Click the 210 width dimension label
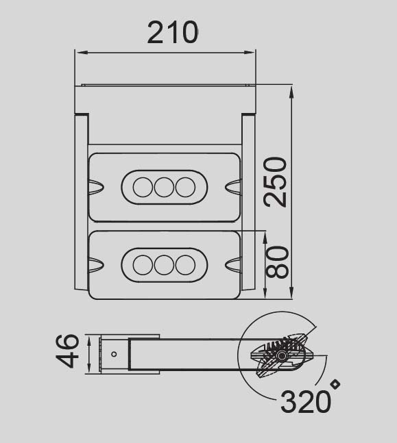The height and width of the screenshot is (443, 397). click(x=173, y=32)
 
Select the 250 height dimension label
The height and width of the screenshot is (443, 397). click(x=276, y=182)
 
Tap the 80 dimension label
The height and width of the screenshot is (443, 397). click(x=277, y=262)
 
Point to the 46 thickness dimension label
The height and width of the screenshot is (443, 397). click(x=68, y=352)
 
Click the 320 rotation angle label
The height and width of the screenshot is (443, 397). click(x=305, y=402)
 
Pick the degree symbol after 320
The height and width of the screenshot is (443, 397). click(x=335, y=385)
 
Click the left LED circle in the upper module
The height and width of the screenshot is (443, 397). click(x=143, y=187)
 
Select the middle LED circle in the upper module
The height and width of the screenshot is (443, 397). click(x=164, y=187)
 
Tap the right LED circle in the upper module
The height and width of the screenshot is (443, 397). click(x=185, y=187)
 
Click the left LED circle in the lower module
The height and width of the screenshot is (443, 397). click(x=143, y=264)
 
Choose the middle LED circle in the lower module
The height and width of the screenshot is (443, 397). click(x=164, y=264)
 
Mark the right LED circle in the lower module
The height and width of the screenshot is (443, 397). click(x=185, y=264)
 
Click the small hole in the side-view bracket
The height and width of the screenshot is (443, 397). click(x=114, y=354)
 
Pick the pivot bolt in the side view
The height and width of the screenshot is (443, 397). click(x=282, y=357)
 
